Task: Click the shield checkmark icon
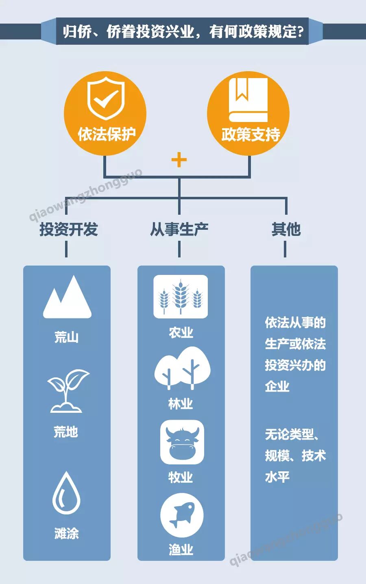click(x=106, y=98)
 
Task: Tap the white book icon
click(x=248, y=100)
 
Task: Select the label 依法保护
click(x=106, y=134)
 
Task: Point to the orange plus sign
click(x=179, y=160)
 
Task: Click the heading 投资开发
click(x=68, y=229)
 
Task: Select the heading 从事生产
click(x=179, y=229)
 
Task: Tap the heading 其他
click(x=286, y=229)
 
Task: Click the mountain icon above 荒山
click(x=67, y=298)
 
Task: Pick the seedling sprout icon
click(x=67, y=391)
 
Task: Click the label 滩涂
click(x=66, y=533)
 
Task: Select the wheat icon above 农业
click(x=181, y=296)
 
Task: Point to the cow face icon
click(x=182, y=442)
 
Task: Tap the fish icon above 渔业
click(x=181, y=515)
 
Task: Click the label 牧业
click(x=181, y=477)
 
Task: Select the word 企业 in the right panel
click(x=277, y=386)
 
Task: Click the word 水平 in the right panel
click(x=277, y=477)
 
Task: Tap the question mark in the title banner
click(x=301, y=32)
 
